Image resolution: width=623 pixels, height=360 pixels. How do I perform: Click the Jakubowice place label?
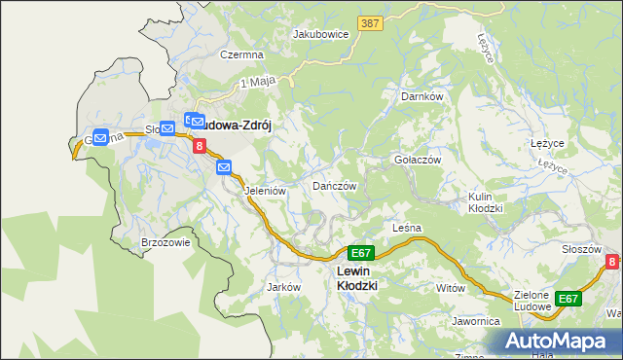tap(321, 33)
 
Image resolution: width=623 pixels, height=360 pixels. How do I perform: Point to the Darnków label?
tap(421, 97)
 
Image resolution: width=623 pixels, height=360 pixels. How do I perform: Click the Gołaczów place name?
tap(418, 160)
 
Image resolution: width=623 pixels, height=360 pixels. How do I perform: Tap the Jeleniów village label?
tap(265, 191)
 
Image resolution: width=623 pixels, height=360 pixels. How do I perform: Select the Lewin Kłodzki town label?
tap(356, 278)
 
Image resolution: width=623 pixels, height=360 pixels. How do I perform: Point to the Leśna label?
tap(406, 228)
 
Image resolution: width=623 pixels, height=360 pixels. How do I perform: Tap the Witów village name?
tap(451, 288)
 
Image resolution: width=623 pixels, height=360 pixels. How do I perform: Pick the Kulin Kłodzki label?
tap(485, 202)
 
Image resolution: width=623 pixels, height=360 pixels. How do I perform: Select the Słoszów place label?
tap(581, 249)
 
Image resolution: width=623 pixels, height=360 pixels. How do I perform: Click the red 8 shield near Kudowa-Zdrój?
tap(200, 147)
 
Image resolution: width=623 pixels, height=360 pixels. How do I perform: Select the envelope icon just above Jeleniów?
tap(224, 167)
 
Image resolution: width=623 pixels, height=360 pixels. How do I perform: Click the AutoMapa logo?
tap(559, 342)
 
